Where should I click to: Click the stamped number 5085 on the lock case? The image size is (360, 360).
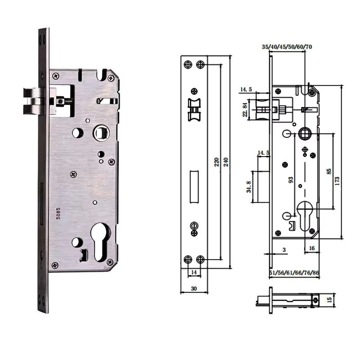tap(58, 213)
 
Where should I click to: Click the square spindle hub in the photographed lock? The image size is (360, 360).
tap(101, 133)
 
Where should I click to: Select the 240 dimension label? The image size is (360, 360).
tap(226, 162)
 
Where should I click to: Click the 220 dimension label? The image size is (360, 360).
tap(216, 162)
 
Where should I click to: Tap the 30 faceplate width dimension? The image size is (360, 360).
tap(194, 288)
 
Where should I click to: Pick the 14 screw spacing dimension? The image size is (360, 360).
tap(194, 272)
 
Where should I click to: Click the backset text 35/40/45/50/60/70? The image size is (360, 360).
tap(287, 47)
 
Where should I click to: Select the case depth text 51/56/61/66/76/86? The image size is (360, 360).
tap(294, 273)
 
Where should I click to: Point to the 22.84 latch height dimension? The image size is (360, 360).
tap(245, 110)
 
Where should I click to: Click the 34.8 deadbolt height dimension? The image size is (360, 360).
tap(249, 187)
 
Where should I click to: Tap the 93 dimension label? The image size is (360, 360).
tap(291, 180)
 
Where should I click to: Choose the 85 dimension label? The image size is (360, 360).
tap(329, 171)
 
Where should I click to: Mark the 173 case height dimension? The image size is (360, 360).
tap(337, 181)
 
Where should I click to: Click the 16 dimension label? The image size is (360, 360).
tap(312, 248)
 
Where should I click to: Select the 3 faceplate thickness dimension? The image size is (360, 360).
tap(284, 250)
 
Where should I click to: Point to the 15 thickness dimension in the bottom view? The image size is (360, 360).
tap(329, 300)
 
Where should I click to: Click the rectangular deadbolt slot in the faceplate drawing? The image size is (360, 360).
tap(194, 187)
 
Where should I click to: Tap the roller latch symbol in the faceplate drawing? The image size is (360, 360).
tap(194, 110)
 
